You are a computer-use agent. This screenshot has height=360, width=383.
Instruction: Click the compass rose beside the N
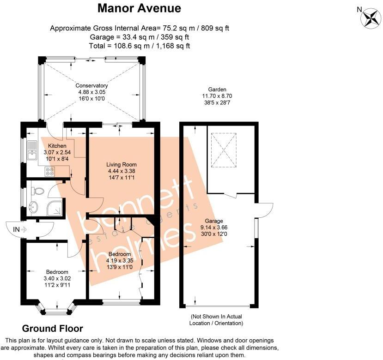pyautogui.click(x=371, y=18)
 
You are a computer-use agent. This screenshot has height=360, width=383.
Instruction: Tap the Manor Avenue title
pyautogui.click(x=139, y=8)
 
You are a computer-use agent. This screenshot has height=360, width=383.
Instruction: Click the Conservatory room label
pyautogui.click(x=91, y=85)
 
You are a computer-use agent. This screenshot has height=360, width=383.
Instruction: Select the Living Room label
pyautogui.click(x=122, y=164)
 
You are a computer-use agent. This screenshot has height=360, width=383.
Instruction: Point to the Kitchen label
pyautogui.click(x=57, y=146)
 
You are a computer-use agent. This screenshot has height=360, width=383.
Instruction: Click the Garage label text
pyautogui.click(x=214, y=221)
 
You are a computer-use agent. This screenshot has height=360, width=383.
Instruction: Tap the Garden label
pyautogui.click(x=217, y=90)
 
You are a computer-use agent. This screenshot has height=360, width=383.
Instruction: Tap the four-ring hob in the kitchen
pyautogui.click(x=49, y=171)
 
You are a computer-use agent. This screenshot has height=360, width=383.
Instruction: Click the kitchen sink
pyautogui.click(x=32, y=150)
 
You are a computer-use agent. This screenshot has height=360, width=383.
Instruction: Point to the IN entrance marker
pyautogui.click(x=19, y=229)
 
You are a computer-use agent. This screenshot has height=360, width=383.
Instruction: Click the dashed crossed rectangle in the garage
pyautogui.click(x=224, y=150)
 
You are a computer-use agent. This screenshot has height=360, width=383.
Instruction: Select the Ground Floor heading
pyautogui.click(x=53, y=329)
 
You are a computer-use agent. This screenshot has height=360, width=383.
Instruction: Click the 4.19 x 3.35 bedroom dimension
pyautogui.click(x=120, y=261)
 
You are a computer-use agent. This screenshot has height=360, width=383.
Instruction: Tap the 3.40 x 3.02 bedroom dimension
pyautogui.click(x=57, y=278)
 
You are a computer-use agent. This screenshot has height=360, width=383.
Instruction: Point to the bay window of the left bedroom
pyautogui.click(x=57, y=308)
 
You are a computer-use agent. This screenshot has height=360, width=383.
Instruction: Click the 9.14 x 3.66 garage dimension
pyautogui.click(x=214, y=228)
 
